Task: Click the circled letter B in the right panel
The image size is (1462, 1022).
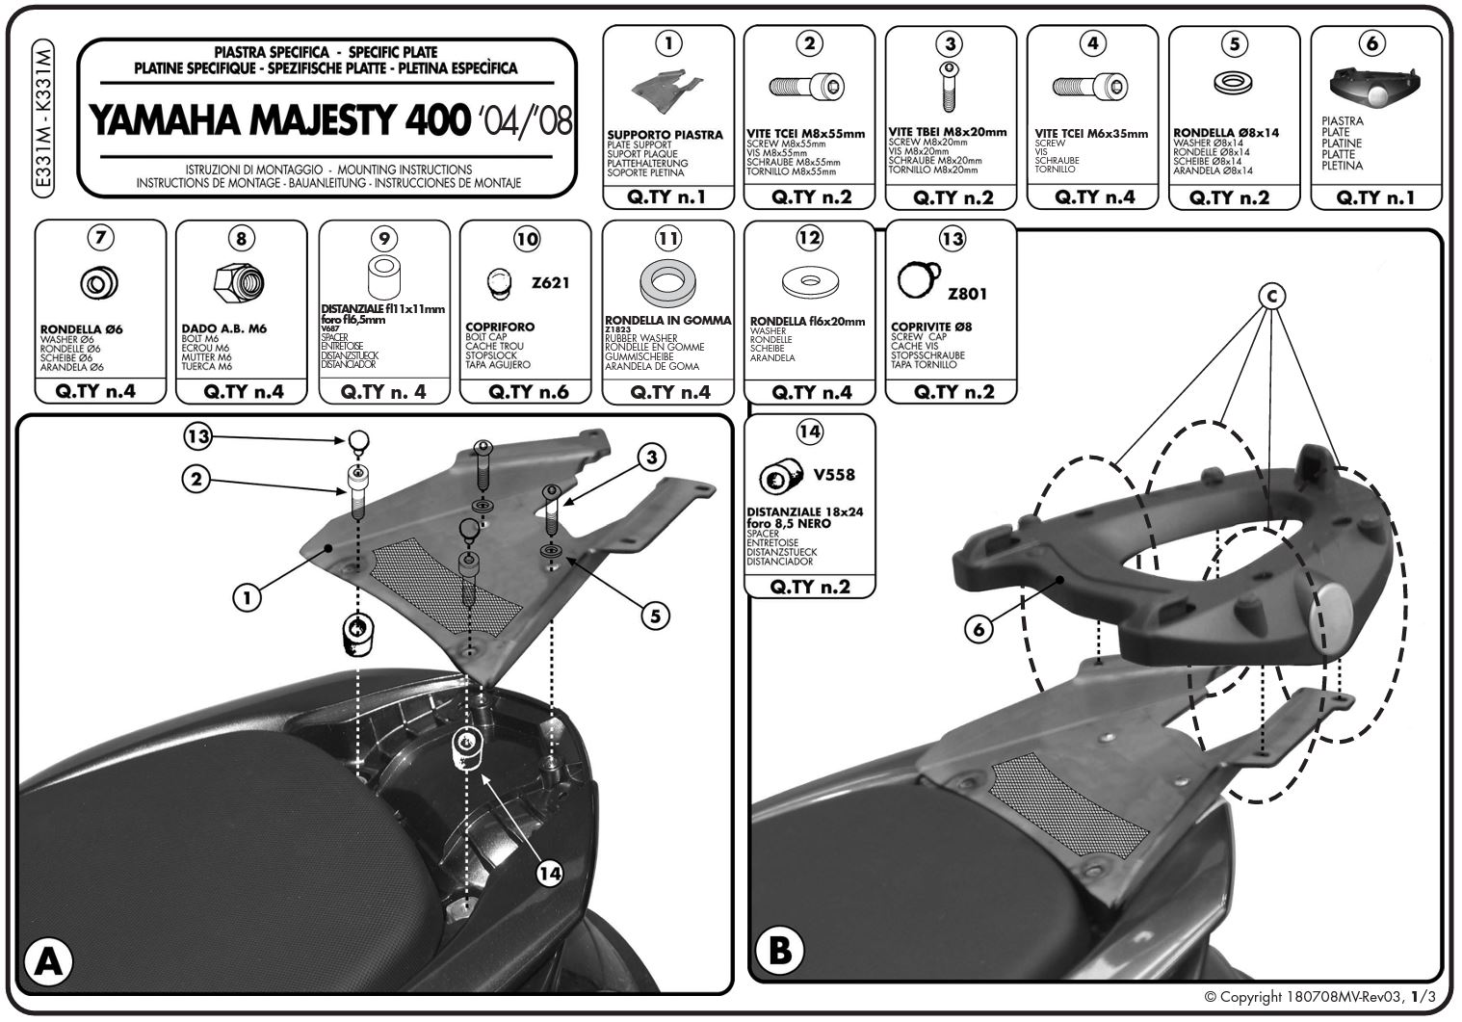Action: (780, 951)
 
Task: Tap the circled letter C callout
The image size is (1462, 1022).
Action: (1271, 297)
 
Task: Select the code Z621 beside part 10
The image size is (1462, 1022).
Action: (550, 283)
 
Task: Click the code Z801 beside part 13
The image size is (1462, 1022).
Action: (967, 293)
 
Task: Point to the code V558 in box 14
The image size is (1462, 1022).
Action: (833, 475)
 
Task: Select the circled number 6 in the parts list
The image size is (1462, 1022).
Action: (1373, 43)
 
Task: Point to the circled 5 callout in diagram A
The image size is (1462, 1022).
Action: (654, 616)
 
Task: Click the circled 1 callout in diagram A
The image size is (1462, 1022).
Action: (248, 597)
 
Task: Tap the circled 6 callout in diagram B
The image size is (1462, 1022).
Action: (979, 628)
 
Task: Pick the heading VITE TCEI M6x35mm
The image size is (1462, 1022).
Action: (1091, 134)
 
